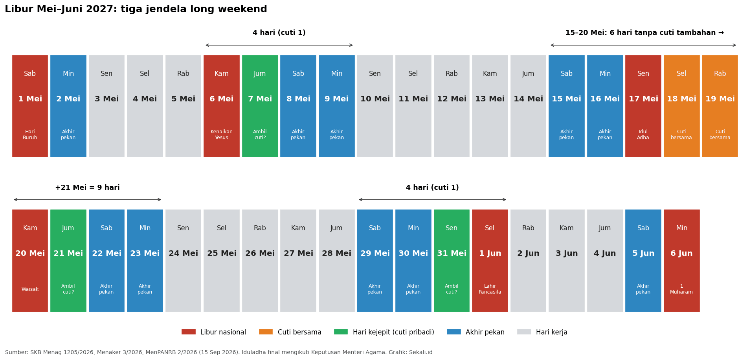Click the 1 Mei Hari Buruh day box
[x=30, y=106]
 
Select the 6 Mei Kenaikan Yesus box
[x=222, y=106]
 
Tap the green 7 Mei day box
[x=260, y=106]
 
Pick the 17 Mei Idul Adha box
[x=643, y=106]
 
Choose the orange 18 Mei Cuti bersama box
[x=682, y=106]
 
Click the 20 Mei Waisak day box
[x=30, y=261]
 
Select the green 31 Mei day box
[x=452, y=261]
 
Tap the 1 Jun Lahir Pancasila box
[x=490, y=261]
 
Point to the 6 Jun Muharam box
[x=682, y=261]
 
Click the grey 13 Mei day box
[x=490, y=106]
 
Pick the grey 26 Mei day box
[x=260, y=261]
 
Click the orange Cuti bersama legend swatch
[x=266, y=332]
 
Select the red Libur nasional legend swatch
[x=188, y=332]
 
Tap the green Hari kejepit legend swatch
[x=341, y=332]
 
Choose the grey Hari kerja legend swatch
[x=524, y=332]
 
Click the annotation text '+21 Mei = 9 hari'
[x=87, y=188]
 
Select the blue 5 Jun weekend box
[x=643, y=261]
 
